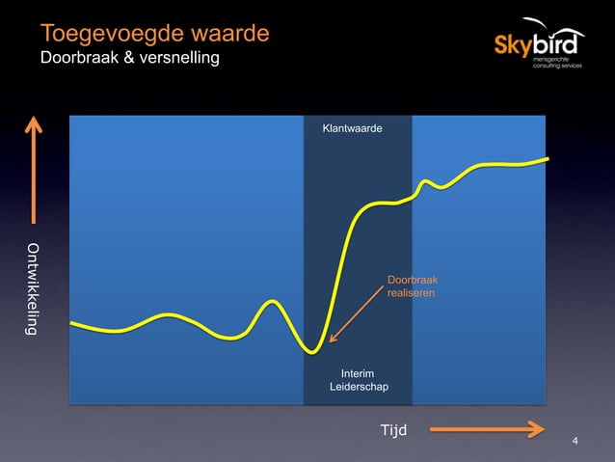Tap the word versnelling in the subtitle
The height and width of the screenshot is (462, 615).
(179, 59)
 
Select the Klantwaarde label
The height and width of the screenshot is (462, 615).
(357, 127)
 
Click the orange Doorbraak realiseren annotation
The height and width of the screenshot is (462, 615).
(412, 285)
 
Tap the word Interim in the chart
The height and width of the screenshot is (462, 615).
(359, 373)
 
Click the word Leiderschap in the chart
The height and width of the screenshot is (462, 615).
(359, 388)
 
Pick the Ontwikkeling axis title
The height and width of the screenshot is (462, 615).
(34, 288)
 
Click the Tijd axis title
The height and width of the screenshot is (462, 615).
(394, 428)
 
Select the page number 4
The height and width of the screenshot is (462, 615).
(575, 442)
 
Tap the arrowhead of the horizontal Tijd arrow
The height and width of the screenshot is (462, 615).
(537, 428)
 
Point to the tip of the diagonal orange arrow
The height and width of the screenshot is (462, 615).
(330, 341)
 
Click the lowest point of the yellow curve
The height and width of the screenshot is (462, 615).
(311, 352)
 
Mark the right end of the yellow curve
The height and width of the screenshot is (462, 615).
(548, 158)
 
